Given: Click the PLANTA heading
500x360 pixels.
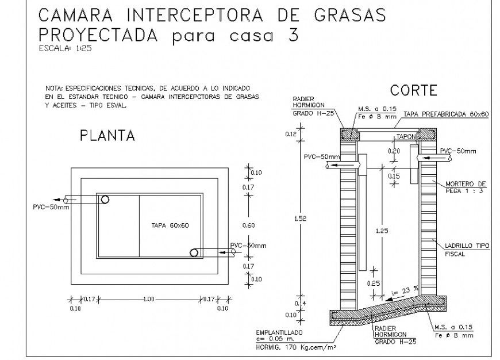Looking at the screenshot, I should pos(107,136).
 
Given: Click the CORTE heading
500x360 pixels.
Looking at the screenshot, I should pos(414,90).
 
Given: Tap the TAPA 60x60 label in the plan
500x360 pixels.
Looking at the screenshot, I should pos(170,225).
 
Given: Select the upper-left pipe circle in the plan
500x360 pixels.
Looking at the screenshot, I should pos(105,200).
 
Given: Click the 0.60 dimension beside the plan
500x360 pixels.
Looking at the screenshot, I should pos(248,225).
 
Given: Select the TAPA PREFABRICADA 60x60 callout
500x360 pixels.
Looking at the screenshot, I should pos(445,115).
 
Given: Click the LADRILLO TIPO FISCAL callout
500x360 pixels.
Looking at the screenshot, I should pos(467,250).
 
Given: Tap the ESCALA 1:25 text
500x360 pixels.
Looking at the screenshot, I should pos(65,48).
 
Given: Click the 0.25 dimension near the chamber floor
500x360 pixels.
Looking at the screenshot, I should pos(374,284).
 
